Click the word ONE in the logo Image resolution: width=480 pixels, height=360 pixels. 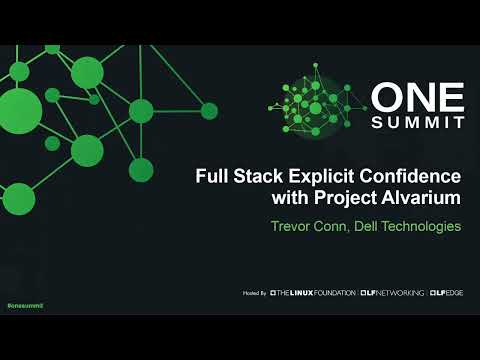pos(419,98)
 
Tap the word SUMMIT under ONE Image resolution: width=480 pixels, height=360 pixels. pos(419,122)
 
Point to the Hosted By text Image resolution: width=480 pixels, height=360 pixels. pos(255,293)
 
